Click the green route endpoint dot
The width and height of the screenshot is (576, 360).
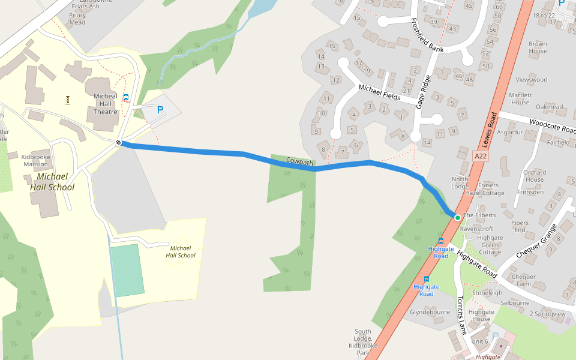click(x=457, y=217)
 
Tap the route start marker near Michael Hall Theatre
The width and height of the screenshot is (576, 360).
click(x=119, y=142)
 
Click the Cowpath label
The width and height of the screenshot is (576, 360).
click(x=299, y=161)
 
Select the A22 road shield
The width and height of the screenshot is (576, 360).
click(x=480, y=155)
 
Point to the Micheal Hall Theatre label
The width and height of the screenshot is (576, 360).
click(x=106, y=104)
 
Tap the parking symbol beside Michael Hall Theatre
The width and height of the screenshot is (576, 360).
click(x=160, y=110)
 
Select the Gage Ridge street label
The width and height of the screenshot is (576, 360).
click(x=424, y=92)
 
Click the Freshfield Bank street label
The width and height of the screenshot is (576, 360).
click(x=427, y=35)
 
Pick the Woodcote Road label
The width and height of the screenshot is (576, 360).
click(x=553, y=126)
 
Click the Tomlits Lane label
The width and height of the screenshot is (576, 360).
click(x=461, y=315)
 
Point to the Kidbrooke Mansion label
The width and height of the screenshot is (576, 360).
click(x=35, y=160)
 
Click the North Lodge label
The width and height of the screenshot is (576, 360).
click(x=460, y=182)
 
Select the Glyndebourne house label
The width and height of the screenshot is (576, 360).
click(x=430, y=313)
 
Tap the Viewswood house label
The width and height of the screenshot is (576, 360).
click(x=532, y=79)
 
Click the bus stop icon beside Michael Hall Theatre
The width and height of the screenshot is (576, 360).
click(x=126, y=97)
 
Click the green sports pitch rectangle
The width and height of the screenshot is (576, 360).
click(x=127, y=269)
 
